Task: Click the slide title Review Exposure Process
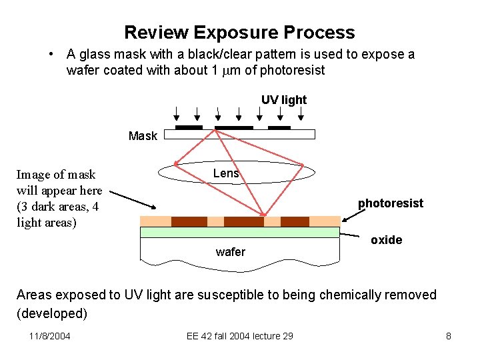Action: tap(239, 32)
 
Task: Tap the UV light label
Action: tap(283, 100)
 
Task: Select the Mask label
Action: tap(143, 136)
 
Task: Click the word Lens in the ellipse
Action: tap(226, 173)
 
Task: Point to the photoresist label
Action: tap(390, 203)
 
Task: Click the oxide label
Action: tap(386, 240)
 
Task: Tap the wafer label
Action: tap(230, 252)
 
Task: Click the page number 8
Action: tap(448, 336)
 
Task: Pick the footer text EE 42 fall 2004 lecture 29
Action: tap(239, 336)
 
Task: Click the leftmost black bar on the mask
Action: tap(188, 127)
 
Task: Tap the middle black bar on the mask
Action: tap(233, 127)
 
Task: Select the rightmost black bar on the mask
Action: tap(279, 127)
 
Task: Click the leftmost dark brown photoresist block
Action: tap(189, 221)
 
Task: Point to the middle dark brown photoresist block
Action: tap(243, 221)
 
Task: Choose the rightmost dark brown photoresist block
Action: tap(295, 221)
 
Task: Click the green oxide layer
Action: tap(240, 232)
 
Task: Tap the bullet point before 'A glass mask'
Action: tap(51, 55)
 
